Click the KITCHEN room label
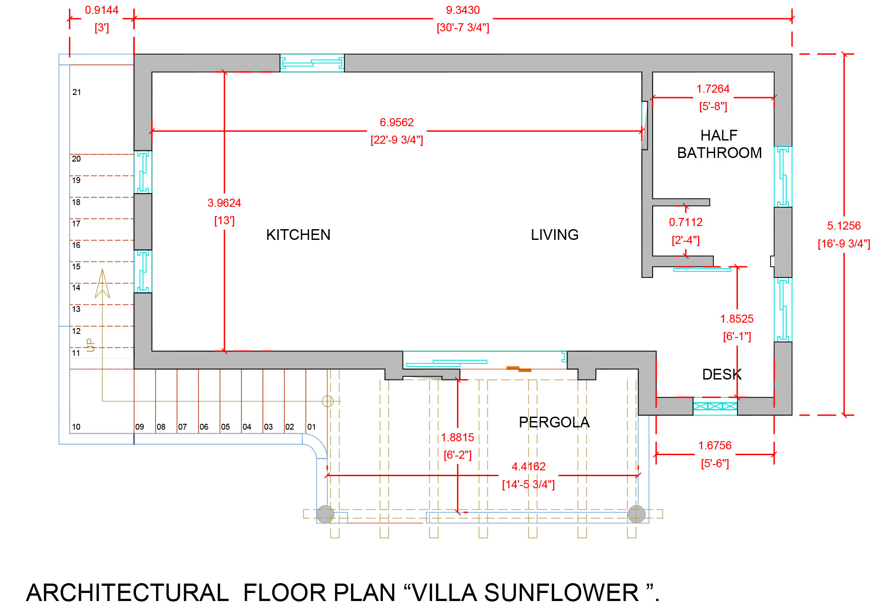298,235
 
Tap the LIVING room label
555,235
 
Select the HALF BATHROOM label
719,144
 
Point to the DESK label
722,375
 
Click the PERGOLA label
554,422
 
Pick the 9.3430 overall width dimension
463,10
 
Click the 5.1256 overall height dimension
843,226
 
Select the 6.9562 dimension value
397,123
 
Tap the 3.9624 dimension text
224,203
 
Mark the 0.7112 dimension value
686,222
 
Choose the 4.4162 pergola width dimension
528,467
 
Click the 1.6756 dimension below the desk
715,446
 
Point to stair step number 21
77,92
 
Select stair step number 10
76,427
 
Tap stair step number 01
311,427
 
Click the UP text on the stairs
90,345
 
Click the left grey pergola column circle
325,514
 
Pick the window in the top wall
312,63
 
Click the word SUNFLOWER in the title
561,593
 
